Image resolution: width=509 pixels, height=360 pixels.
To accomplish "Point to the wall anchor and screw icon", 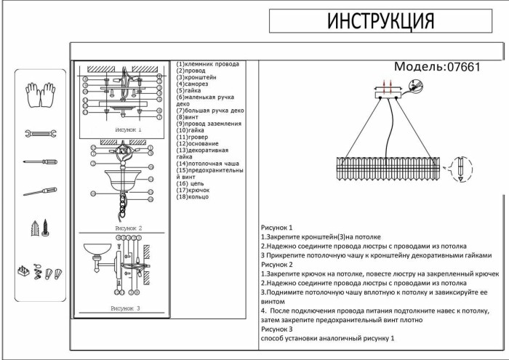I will (39, 228).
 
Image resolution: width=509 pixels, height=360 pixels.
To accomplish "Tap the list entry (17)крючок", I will (193, 191).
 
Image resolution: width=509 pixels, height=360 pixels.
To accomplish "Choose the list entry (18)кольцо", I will (193, 197).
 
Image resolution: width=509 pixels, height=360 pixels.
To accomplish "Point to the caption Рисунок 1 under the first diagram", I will (128, 129).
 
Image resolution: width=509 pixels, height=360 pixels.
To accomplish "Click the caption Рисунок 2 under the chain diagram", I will (128, 228).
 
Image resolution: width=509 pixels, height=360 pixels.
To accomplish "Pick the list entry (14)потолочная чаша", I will (207, 164).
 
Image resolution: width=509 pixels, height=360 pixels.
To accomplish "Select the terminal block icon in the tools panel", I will (25, 271).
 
